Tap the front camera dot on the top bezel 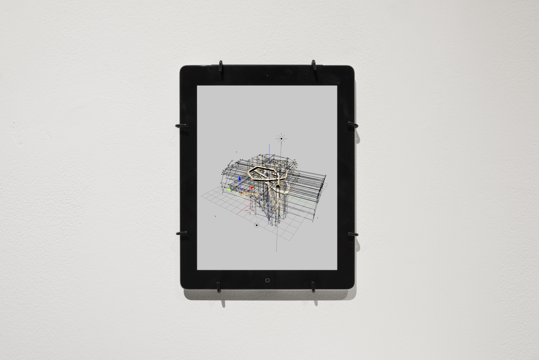point(267,76)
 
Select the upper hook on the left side point(180,126)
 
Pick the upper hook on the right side point(353,125)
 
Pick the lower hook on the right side point(353,234)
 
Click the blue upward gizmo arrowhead point(239,179)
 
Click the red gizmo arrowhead point(253,187)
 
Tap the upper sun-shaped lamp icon point(281,138)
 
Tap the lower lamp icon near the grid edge point(257,225)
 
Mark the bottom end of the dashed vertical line point(276,250)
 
